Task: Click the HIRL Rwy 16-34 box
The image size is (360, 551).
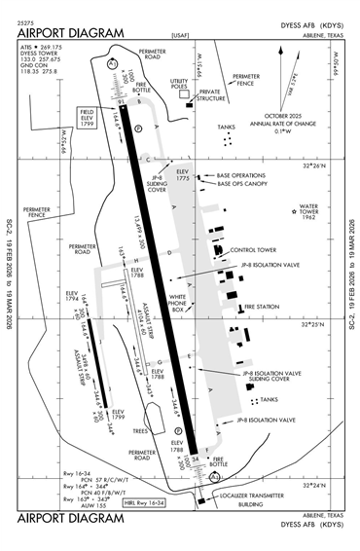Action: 145,503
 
